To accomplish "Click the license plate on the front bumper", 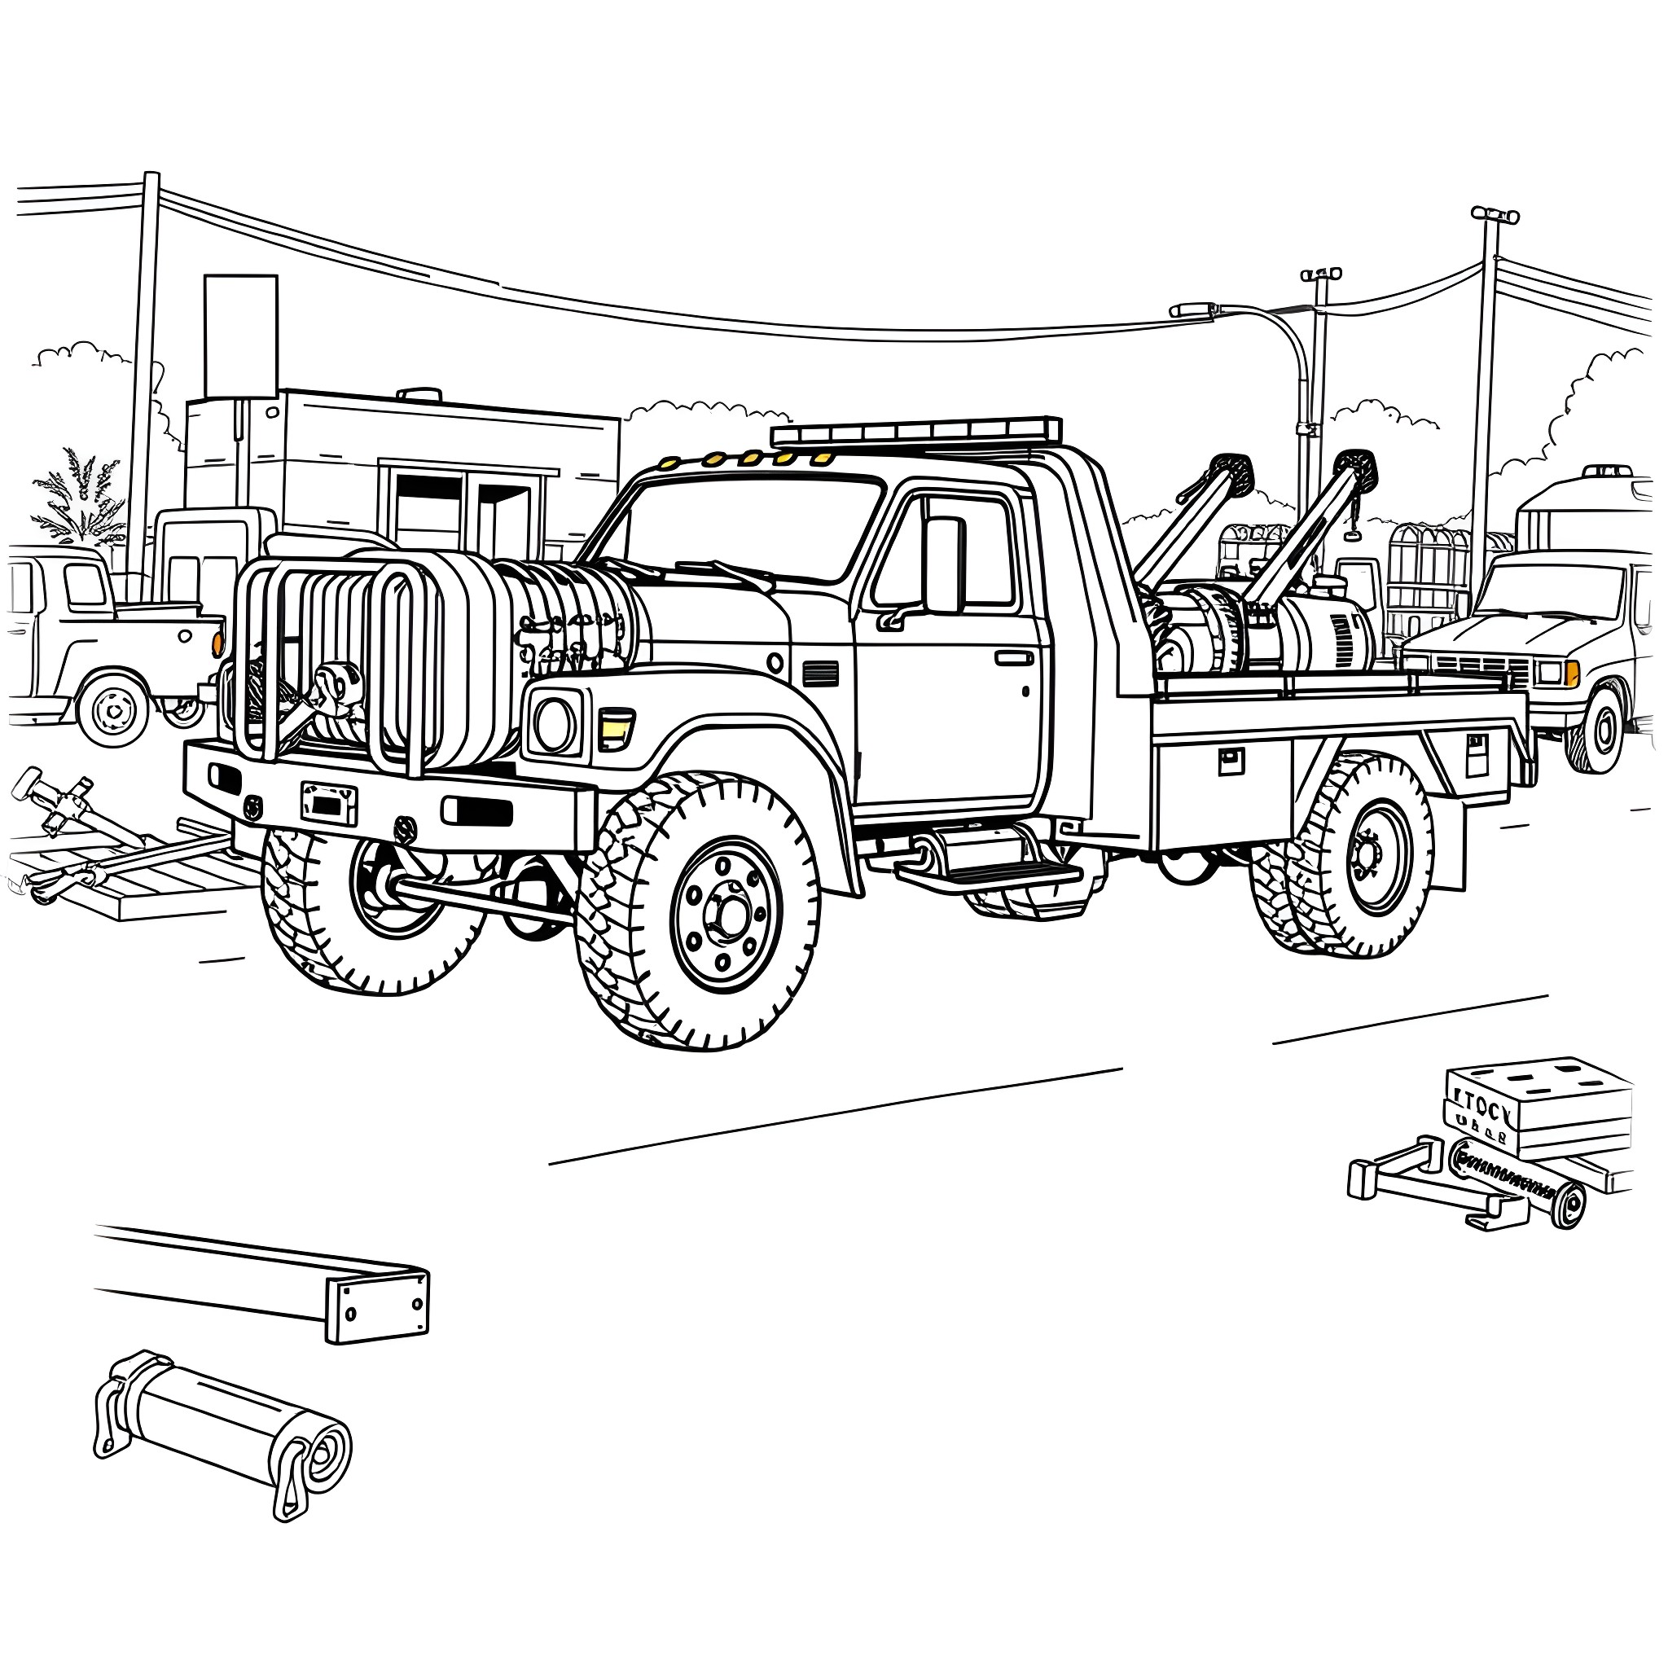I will [329, 803].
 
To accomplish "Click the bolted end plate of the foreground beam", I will [377, 1306].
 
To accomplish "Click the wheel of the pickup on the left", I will [113, 710].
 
